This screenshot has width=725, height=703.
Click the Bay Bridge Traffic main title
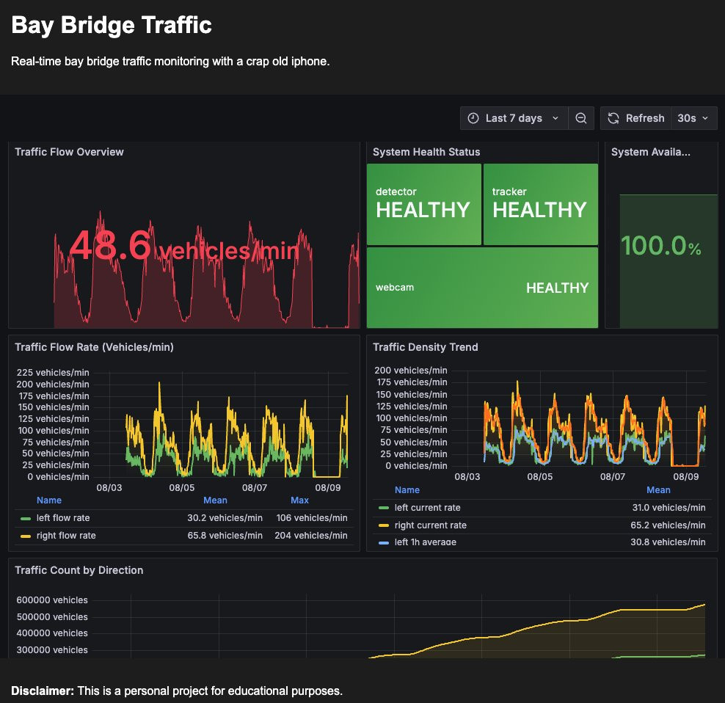click(x=112, y=26)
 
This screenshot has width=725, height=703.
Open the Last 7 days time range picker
click(x=514, y=118)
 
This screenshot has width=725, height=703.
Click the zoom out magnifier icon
click(x=581, y=118)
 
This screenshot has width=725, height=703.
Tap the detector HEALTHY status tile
click(x=424, y=204)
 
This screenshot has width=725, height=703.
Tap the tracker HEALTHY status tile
click(x=541, y=204)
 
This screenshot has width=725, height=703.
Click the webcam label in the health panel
click(x=394, y=287)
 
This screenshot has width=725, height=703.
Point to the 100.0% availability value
click(x=661, y=246)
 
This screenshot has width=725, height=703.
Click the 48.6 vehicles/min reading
click(x=184, y=246)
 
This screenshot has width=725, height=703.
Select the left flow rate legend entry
click(x=63, y=518)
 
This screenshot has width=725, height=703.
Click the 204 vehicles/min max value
click(x=310, y=536)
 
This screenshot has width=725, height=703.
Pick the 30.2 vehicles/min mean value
click(x=225, y=518)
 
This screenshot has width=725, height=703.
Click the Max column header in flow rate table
click(x=299, y=500)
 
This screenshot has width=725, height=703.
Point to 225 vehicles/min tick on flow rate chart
click(x=53, y=373)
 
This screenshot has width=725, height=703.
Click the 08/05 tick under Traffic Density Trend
click(x=540, y=477)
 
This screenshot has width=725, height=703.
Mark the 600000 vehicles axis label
click(x=52, y=600)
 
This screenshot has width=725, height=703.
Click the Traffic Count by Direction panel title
click(x=79, y=570)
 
